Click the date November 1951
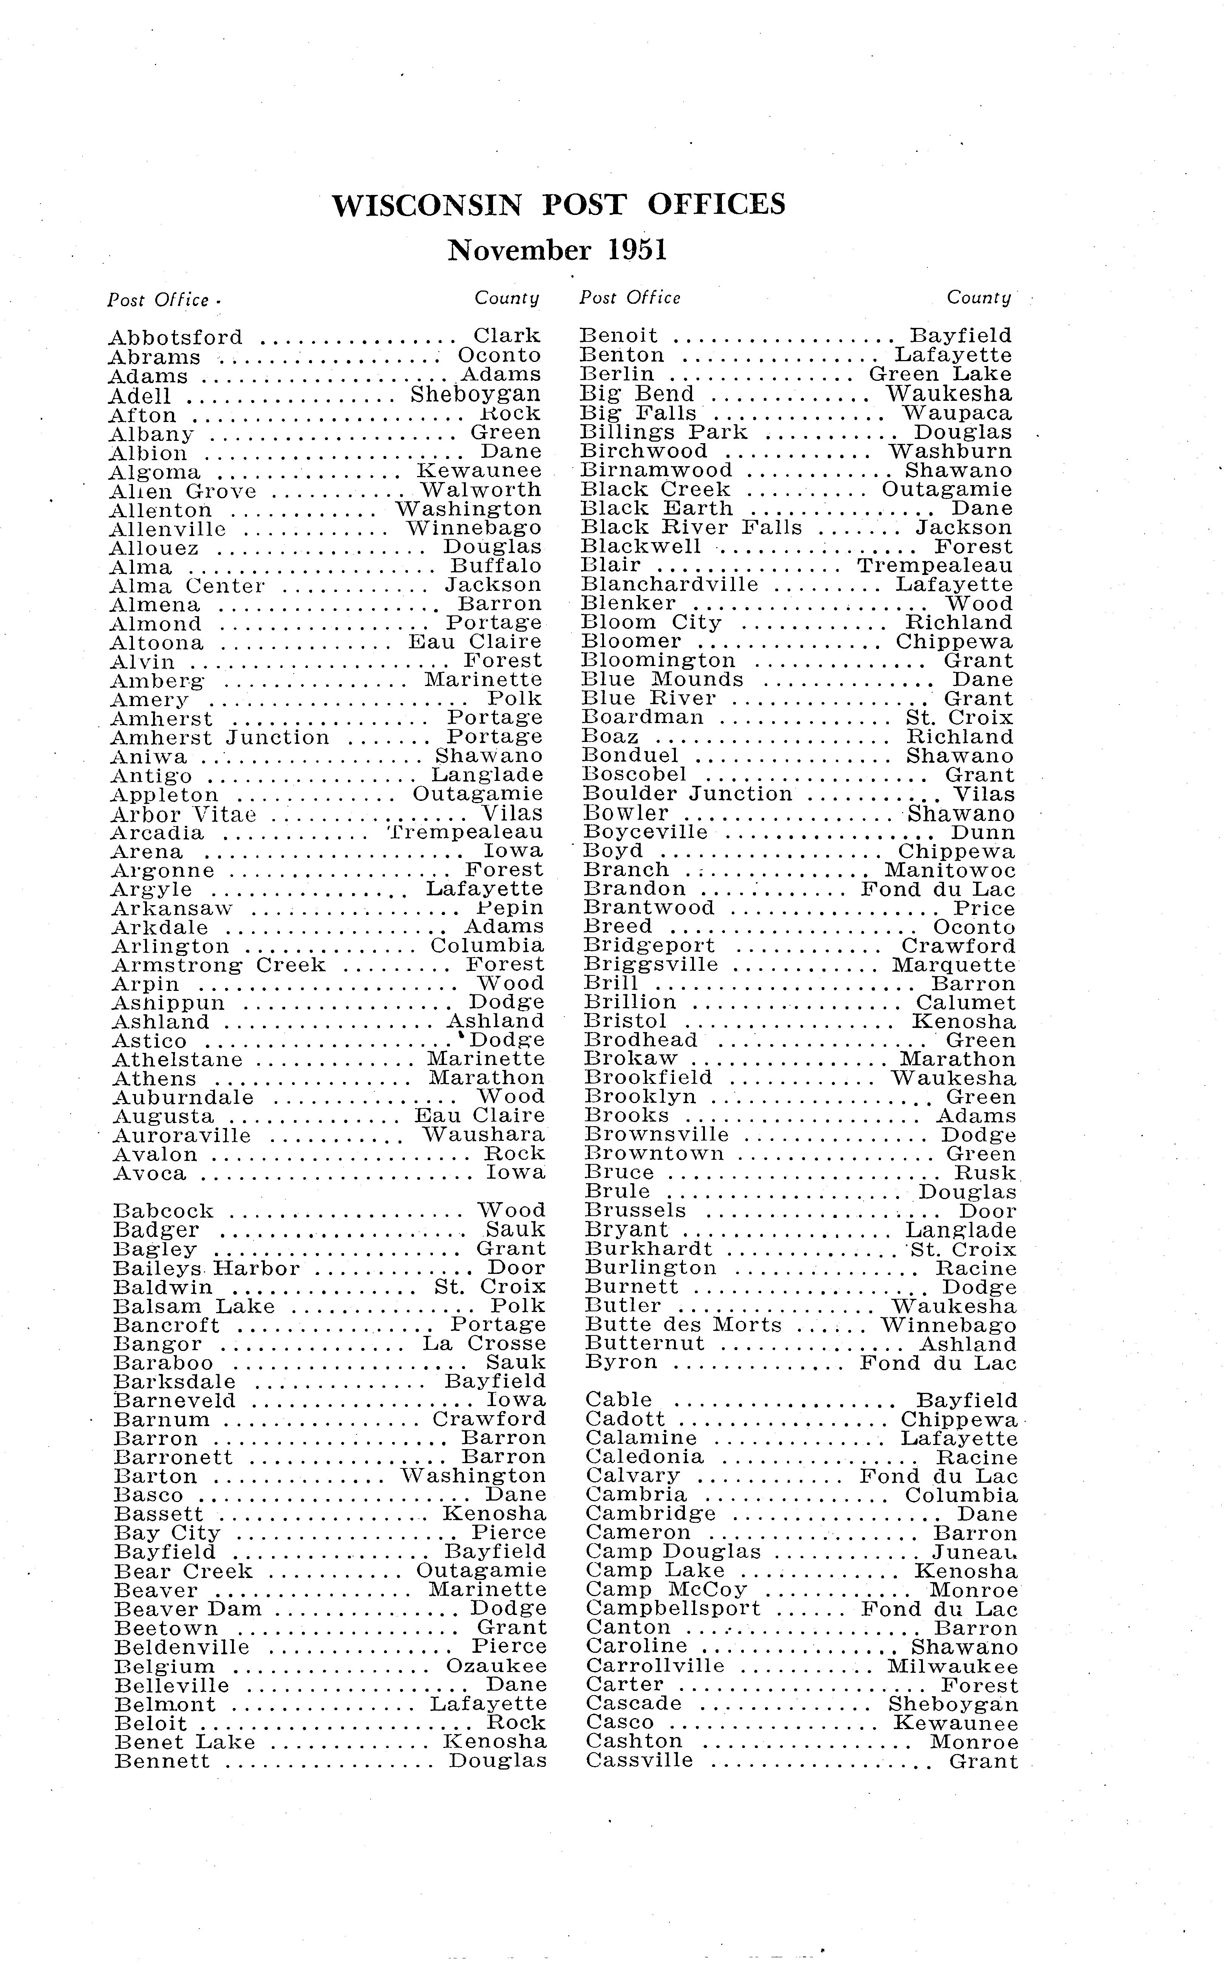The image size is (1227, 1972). click(x=558, y=250)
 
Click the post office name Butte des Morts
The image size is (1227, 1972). click(x=683, y=1325)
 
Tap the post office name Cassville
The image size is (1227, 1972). click(x=640, y=1761)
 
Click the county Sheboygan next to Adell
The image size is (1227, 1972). click(x=476, y=394)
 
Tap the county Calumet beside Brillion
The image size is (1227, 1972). click(x=966, y=1003)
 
